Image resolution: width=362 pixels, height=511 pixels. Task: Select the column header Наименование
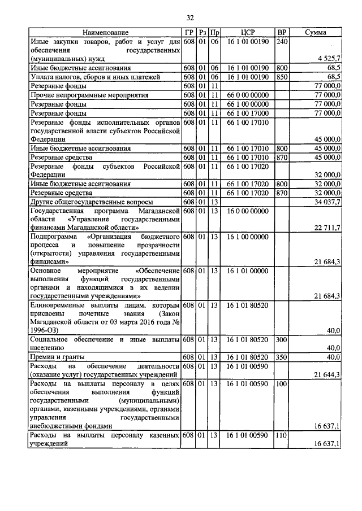(105, 33)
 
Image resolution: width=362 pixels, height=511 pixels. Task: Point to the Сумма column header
(315, 33)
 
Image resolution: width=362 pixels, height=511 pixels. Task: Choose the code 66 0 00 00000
(247, 94)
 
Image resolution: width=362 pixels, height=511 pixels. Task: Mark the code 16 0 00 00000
(247, 211)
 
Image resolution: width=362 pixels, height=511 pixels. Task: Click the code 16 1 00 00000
(247, 237)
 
